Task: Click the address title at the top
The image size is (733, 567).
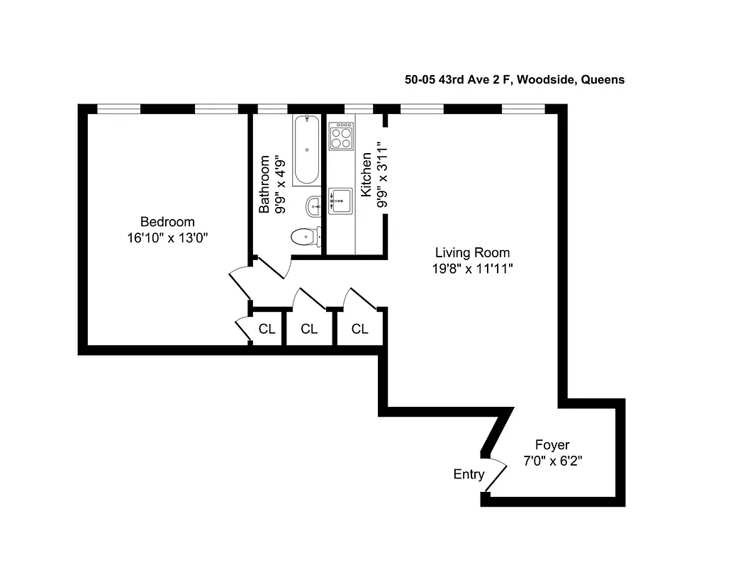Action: coord(514,80)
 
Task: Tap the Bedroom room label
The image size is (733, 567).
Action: coord(167,222)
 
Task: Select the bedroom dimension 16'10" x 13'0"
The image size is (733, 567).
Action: coord(167,238)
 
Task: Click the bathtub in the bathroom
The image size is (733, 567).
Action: coord(307,150)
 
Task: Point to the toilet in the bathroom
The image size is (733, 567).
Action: coord(306,236)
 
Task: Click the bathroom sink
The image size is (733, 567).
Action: coord(314,207)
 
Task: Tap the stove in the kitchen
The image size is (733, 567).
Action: coord(341,135)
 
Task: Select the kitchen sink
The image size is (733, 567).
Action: coord(340,201)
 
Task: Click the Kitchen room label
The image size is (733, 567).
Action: coord(366,175)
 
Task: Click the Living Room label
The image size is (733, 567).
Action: coord(472,252)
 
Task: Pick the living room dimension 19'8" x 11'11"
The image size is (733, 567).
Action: coord(472,269)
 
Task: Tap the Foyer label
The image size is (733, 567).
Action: coord(552,445)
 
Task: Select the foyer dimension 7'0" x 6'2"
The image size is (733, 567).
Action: coord(552,461)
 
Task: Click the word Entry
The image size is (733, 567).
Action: coord(469,475)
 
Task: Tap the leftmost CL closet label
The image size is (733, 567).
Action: coord(267,329)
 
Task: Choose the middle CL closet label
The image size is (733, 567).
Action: coord(309,329)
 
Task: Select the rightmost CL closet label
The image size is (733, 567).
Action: coord(360,329)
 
